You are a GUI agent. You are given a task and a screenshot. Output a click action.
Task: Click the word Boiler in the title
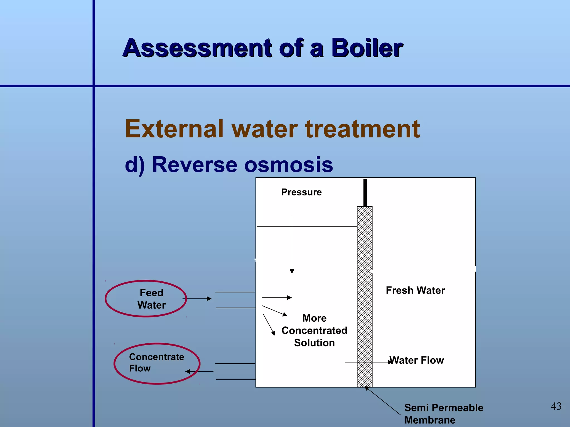tap(367, 48)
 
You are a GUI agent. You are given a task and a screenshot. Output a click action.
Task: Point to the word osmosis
tap(288, 165)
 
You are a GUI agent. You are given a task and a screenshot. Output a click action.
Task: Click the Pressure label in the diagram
tap(301, 192)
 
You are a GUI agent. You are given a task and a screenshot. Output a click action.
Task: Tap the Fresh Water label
tap(415, 290)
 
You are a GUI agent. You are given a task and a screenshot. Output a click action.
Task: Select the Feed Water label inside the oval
tap(151, 299)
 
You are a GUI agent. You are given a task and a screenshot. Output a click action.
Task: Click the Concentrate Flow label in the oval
tap(156, 363)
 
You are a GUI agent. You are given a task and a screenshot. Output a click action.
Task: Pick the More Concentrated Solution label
tap(314, 330)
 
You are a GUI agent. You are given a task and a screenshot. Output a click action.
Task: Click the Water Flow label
tap(417, 360)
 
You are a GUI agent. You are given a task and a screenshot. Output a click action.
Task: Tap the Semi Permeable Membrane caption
tap(444, 414)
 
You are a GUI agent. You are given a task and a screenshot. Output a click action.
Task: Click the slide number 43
tap(556, 406)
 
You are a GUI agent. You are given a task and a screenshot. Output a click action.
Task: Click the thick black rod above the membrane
tap(365, 192)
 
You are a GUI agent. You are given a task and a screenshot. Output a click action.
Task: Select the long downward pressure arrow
tap(292, 245)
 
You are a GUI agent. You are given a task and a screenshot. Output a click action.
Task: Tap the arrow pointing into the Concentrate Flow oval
tap(199, 371)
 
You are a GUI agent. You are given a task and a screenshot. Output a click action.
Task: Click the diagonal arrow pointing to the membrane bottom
tap(383, 401)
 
